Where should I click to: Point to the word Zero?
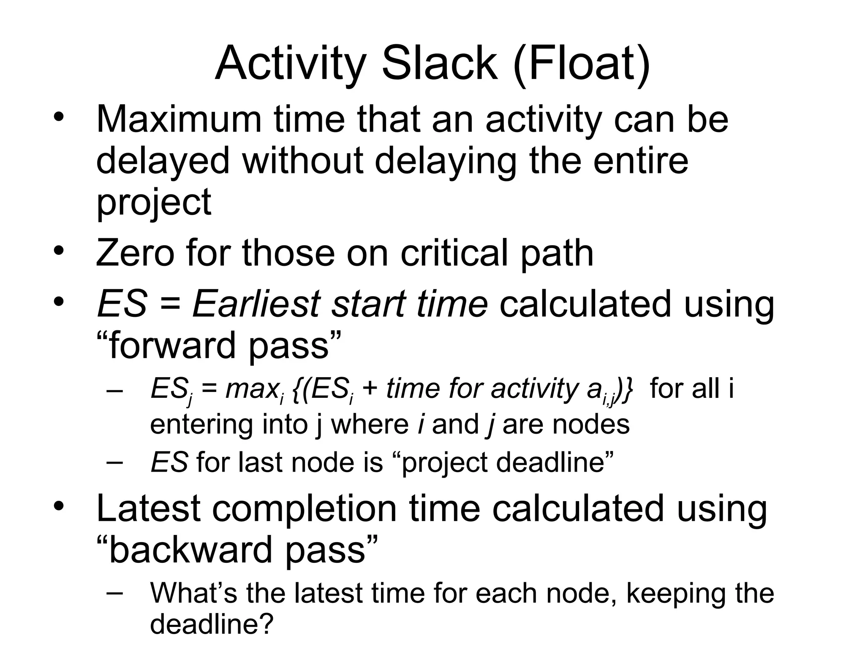click(x=135, y=253)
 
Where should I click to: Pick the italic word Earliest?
click(x=256, y=304)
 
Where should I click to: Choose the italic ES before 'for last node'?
click(x=169, y=462)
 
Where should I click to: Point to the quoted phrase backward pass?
click(x=237, y=550)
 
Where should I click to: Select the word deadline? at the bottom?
click(x=212, y=624)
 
